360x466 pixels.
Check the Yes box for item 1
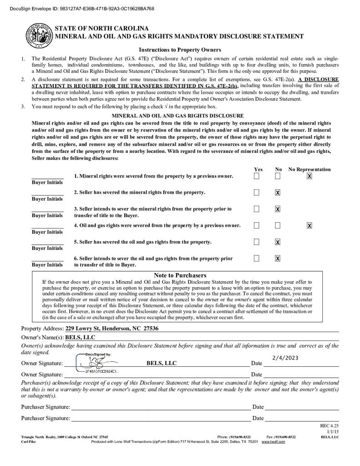pos(257,176)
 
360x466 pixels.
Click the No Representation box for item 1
pos(309,176)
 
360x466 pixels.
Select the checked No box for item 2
pos(278,192)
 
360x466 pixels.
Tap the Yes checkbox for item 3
pos(257,209)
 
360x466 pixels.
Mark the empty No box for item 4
pos(278,225)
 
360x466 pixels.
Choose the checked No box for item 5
pos(278,242)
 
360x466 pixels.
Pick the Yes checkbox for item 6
pos(257,258)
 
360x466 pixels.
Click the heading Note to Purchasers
pos(180,275)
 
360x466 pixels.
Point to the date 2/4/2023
pos(285,358)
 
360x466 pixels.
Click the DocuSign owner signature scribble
pos(96,363)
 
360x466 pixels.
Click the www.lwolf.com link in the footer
pos(273,442)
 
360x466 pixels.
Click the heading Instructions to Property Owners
pos(180,50)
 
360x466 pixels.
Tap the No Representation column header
pos(309,169)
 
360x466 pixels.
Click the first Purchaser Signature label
pos(46,407)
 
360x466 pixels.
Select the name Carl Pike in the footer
pos(28,442)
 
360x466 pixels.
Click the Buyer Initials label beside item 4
pos(47,232)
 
